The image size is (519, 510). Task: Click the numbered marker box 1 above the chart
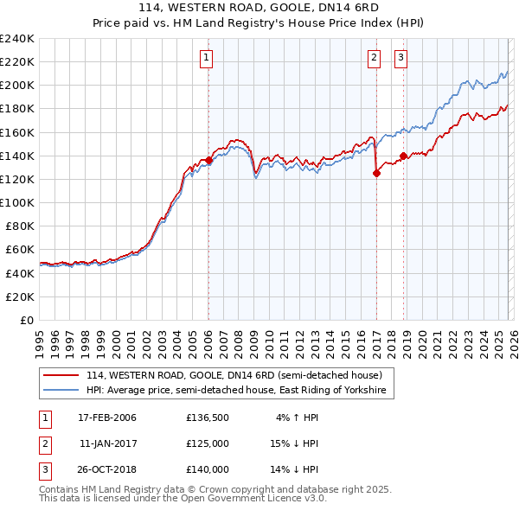(208, 58)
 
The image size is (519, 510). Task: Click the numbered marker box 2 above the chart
(375, 58)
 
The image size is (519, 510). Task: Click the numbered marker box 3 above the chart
(401, 58)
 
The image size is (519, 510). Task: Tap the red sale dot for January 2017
(376, 173)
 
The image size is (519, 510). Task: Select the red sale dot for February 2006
(208, 160)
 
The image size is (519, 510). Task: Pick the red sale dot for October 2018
(403, 156)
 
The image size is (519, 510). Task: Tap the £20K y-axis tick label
(21, 296)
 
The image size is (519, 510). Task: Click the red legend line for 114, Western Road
(61, 375)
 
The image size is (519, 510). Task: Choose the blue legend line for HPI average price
(61, 392)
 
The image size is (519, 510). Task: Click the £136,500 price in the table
(208, 418)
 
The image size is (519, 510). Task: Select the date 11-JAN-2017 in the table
(107, 443)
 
